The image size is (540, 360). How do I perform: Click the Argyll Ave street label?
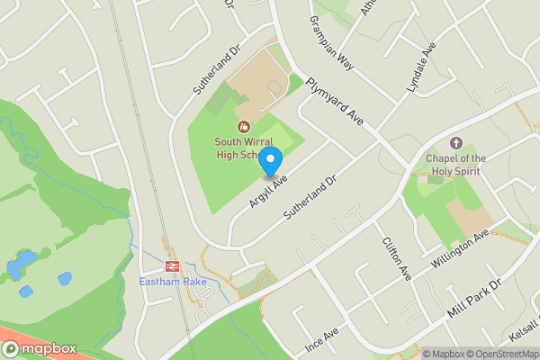[269, 192]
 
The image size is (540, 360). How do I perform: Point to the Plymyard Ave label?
[334, 101]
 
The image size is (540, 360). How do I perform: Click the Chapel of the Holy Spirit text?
[455, 165]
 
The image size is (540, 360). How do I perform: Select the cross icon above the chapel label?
[455, 143]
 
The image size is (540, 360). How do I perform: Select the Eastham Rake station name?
[173, 283]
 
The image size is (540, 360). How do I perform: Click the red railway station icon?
[172, 266]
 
